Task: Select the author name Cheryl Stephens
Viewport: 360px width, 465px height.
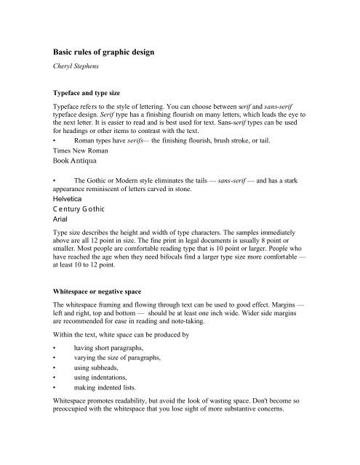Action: coord(80,70)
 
